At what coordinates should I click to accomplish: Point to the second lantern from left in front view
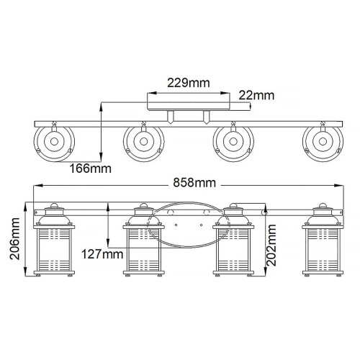[142, 243]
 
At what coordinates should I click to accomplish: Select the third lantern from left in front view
[233, 243]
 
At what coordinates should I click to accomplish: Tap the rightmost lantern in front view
[322, 243]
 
